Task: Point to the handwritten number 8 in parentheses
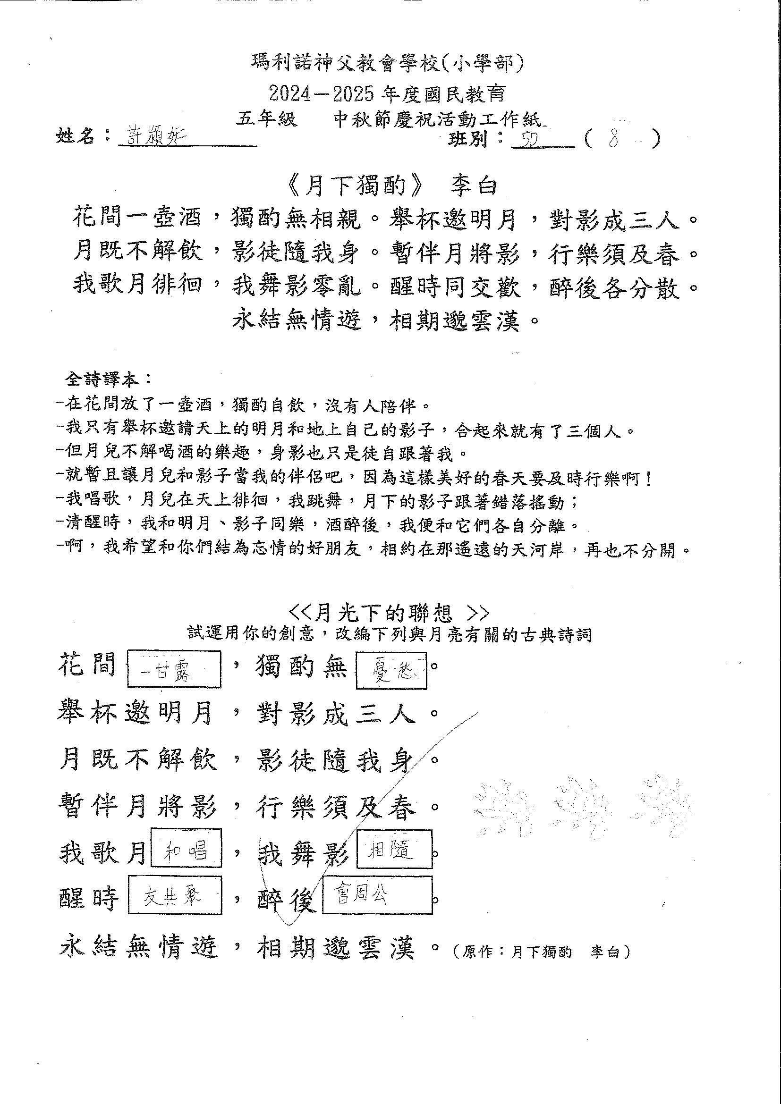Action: click(613, 139)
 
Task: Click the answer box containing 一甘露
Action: click(174, 669)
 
